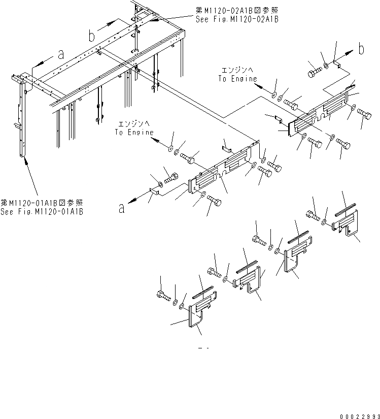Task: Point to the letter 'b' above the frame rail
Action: [92, 36]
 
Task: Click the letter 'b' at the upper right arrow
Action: [361, 49]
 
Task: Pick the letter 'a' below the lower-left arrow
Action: [121, 208]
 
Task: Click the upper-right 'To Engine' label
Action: [237, 79]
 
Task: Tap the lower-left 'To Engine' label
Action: [134, 132]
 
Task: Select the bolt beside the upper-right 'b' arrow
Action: [313, 72]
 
